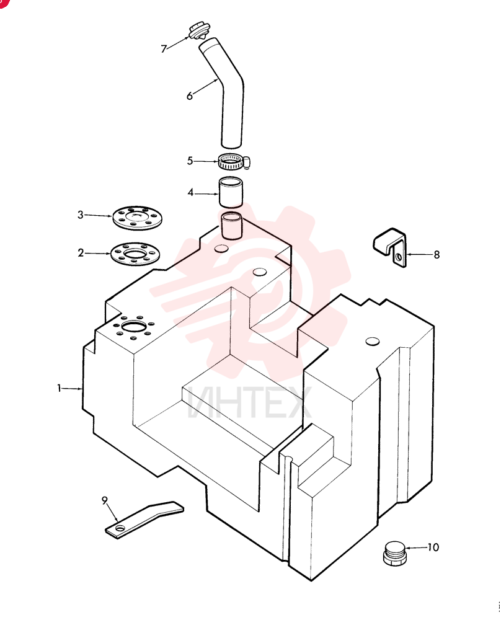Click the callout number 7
click(x=164, y=48)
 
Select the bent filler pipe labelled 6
click(x=223, y=93)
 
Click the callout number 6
click(x=190, y=95)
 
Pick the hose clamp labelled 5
click(x=233, y=161)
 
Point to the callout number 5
click(x=190, y=161)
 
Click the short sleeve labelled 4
click(x=231, y=192)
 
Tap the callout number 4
click(x=190, y=193)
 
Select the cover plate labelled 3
click(x=137, y=217)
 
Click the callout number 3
click(x=81, y=215)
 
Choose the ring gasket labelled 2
click(x=136, y=254)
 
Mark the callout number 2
click(x=81, y=253)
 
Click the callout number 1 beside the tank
click(x=60, y=388)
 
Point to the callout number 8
click(x=437, y=255)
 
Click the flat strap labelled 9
click(x=144, y=518)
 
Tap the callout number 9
click(x=105, y=500)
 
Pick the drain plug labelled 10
click(x=394, y=554)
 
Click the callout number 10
click(x=433, y=547)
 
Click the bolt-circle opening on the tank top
click(x=135, y=327)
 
